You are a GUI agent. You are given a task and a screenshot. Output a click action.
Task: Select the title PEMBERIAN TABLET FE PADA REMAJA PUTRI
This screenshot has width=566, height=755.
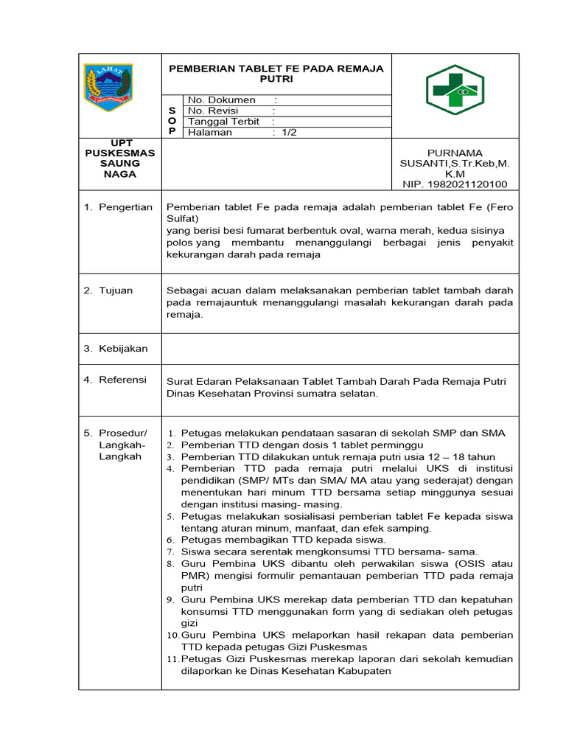[x=276, y=72]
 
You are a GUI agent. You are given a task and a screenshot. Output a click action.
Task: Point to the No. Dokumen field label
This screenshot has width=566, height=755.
[x=222, y=100]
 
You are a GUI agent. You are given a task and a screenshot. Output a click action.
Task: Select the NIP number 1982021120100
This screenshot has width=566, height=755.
[x=466, y=184]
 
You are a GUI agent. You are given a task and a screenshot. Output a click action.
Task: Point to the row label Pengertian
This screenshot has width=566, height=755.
[x=125, y=207]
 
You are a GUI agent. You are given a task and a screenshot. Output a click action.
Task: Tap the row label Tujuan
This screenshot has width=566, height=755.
[x=116, y=290]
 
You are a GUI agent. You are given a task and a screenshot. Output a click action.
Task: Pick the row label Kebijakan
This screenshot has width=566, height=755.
[x=123, y=348]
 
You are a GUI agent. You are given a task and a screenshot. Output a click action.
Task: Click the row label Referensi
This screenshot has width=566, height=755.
[x=122, y=380]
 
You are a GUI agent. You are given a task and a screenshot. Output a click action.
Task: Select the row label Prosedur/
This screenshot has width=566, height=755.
[x=123, y=432]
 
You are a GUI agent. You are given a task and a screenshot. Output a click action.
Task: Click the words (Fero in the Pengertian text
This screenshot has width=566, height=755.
[x=498, y=207]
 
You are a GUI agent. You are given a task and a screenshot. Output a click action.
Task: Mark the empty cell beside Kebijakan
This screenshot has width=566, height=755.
[x=340, y=348]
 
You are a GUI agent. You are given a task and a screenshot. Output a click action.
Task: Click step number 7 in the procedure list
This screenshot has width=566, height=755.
[x=171, y=552]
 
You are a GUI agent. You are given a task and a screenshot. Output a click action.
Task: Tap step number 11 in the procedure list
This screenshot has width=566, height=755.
[x=172, y=659]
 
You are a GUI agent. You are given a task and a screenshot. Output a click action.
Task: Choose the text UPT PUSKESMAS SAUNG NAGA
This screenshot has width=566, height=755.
[x=119, y=158]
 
